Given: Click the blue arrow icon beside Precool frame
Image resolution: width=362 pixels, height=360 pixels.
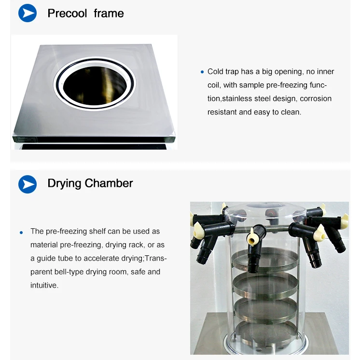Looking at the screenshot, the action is (x=28, y=13).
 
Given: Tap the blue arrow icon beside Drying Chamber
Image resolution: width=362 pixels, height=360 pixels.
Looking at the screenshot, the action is (x=28, y=184).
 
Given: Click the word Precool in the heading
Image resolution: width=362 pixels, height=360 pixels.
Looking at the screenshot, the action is (x=67, y=13).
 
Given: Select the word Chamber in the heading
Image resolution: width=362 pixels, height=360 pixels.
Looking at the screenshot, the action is (x=109, y=183).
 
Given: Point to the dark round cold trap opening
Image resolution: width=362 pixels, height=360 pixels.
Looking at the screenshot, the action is (x=95, y=85).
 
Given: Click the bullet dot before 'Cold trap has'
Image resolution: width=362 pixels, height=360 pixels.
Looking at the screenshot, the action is (x=202, y=72).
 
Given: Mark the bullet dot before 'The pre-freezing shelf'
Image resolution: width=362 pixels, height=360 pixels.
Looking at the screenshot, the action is (x=21, y=233).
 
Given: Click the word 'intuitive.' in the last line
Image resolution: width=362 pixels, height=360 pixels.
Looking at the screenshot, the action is (x=44, y=285).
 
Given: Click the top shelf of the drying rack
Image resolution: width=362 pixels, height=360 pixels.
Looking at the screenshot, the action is (x=265, y=259).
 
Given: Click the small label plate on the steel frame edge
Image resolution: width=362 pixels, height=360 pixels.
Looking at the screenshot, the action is (x=25, y=139).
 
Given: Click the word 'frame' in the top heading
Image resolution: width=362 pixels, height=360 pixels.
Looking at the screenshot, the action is (x=109, y=13).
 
